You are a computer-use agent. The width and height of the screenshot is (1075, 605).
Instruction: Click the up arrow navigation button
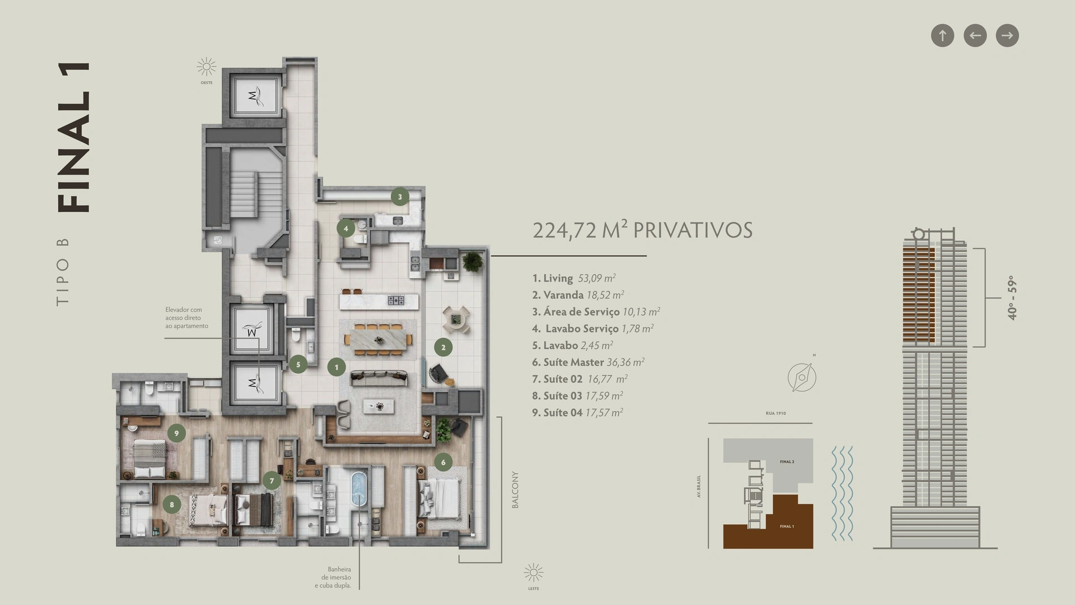tap(942, 35)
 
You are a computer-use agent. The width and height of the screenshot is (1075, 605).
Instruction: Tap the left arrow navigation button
tap(975, 35)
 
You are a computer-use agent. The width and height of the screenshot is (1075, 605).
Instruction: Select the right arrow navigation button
tap(1007, 35)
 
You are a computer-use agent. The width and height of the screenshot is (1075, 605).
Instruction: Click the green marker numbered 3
tap(400, 197)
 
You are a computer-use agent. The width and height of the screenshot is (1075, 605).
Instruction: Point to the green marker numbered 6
tap(443, 462)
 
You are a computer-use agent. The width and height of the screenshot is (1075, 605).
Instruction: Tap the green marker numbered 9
tap(176, 433)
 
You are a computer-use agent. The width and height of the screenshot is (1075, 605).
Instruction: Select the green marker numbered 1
tap(336, 367)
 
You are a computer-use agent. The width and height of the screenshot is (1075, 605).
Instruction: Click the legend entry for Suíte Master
tap(588, 362)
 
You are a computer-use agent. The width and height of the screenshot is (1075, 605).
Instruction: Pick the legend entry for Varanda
tap(578, 295)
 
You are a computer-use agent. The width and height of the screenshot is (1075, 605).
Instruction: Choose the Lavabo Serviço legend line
tap(593, 329)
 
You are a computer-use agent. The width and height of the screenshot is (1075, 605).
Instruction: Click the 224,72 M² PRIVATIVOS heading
tap(642, 230)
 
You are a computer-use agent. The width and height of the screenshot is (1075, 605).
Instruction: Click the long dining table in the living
tap(379, 339)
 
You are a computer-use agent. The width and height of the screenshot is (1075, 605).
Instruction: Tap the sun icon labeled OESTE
tap(207, 67)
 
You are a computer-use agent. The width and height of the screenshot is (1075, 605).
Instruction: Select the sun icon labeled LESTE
tap(534, 573)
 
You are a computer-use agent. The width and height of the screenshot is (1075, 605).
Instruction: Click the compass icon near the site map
tap(802, 377)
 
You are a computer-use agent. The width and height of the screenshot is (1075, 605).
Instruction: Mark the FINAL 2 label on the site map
tap(787, 462)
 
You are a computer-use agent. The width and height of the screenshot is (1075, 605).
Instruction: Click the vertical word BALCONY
tap(515, 490)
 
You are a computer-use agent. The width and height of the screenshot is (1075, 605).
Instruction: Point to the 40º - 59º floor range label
tap(1012, 298)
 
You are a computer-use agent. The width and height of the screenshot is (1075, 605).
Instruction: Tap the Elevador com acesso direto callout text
tap(186, 318)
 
